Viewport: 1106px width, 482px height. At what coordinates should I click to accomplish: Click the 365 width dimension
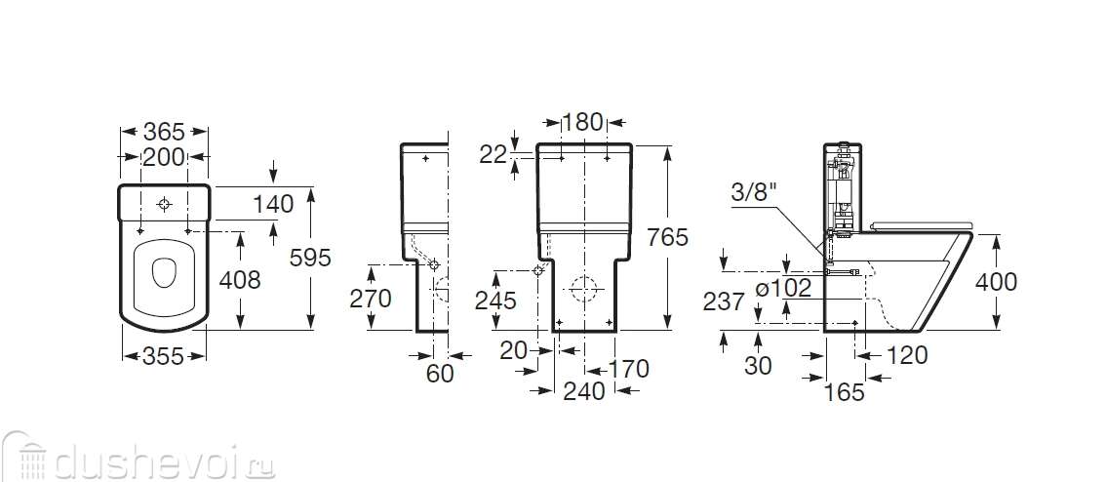(164, 132)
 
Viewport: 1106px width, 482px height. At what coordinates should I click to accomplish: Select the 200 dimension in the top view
(164, 157)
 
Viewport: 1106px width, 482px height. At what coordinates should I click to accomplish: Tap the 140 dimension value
(273, 204)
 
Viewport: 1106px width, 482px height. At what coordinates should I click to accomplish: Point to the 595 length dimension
(310, 259)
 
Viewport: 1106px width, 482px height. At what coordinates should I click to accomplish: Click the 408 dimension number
(240, 280)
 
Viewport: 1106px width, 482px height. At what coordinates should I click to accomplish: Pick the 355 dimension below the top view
(164, 356)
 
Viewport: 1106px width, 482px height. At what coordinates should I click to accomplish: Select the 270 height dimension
(371, 299)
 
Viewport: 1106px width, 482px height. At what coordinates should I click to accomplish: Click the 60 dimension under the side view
(440, 374)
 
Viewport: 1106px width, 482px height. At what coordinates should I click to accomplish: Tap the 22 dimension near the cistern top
(494, 155)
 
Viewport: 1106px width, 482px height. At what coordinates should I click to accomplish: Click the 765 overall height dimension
(667, 237)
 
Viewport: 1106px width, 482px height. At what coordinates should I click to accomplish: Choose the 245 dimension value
(495, 301)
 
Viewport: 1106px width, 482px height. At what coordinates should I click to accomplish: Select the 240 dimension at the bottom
(584, 390)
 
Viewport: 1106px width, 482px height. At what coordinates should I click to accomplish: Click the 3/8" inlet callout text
(753, 192)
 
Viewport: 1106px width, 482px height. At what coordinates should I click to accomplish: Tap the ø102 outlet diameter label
(783, 288)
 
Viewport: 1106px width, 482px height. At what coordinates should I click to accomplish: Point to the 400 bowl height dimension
(996, 282)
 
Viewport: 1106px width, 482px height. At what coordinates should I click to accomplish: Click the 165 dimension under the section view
(845, 391)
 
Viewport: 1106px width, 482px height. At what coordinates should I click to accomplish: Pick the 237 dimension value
(724, 302)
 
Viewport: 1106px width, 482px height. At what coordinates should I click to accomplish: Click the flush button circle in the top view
(165, 205)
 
